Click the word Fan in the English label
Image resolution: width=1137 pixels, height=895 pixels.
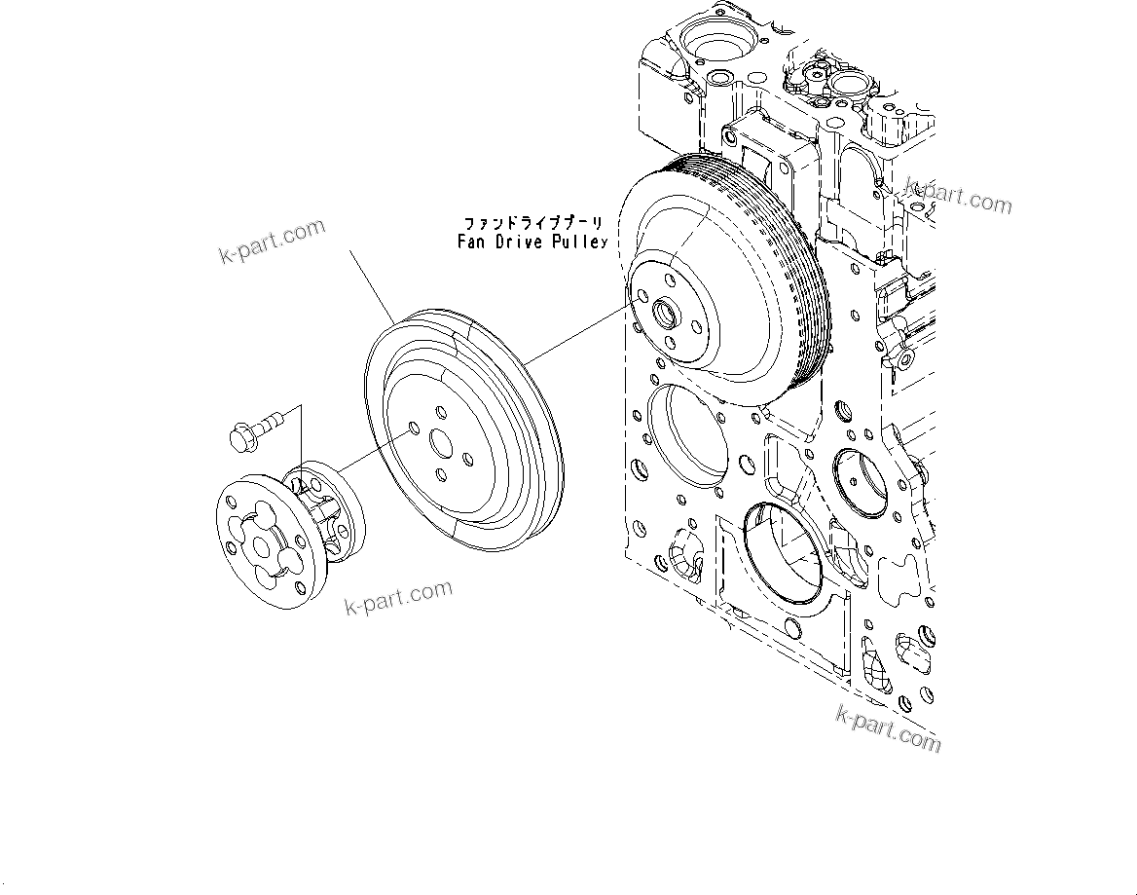click(x=472, y=242)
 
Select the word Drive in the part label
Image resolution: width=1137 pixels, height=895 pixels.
click(x=521, y=242)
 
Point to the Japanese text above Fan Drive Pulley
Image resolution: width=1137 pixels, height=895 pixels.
click(x=532, y=224)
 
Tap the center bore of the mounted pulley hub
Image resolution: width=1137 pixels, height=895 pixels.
click(x=667, y=314)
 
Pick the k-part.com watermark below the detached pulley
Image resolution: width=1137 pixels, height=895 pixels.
click(x=399, y=597)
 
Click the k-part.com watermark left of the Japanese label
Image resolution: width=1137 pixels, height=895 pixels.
click(x=272, y=242)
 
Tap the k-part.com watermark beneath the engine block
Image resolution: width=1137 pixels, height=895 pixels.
click(x=889, y=727)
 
